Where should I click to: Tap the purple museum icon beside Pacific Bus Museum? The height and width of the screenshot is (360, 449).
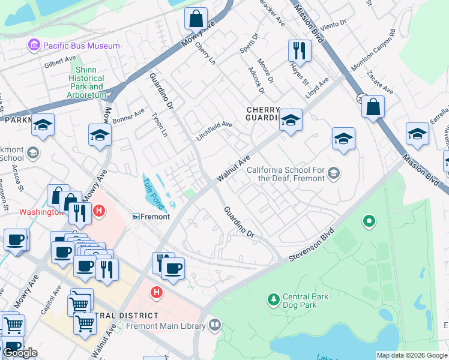tap(34, 46)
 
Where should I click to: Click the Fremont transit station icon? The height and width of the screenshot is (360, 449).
tap(136, 217)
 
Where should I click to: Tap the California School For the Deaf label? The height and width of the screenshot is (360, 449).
tap(286, 174)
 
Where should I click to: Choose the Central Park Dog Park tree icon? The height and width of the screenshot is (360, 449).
tap(274, 299)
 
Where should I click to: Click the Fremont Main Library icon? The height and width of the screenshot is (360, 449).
tap(215, 326)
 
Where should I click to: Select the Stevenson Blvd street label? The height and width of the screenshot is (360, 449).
tap(310, 244)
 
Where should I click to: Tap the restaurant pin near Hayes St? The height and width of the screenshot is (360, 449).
tap(298, 50)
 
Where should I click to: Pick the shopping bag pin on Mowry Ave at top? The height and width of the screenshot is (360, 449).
tap(196, 19)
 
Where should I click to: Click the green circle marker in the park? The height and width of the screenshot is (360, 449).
tap(369, 222)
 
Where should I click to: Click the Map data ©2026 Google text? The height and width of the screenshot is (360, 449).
tap(412, 355)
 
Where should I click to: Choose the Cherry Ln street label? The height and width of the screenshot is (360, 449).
tap(205, 53)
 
